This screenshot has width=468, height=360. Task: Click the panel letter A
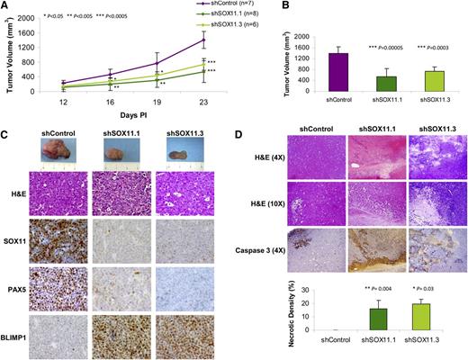7,7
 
